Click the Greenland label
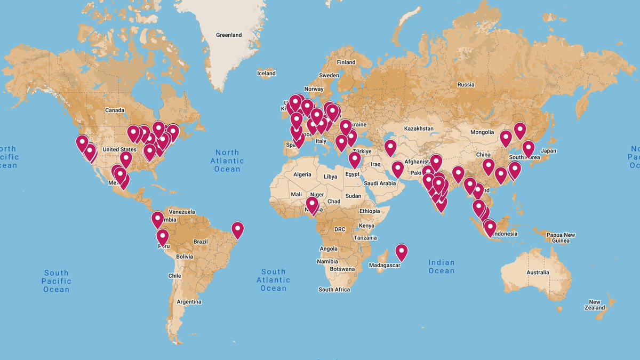point(229,35)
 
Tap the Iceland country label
point(266,73)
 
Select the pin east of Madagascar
point(401,252)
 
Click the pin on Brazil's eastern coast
point(237,230)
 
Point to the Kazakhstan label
point(419,129)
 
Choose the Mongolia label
point(482,132)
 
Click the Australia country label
point(538,273)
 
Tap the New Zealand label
point(595,305)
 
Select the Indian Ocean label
point(442,266)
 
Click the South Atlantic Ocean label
point(273,279)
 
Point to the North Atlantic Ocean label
point(227,161)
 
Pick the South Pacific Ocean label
point(57,281)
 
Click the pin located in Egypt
point(355,159)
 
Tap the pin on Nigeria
point(312,205)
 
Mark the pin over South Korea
point(528,148)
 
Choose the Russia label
point(466,85)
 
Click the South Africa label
point(334,290)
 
